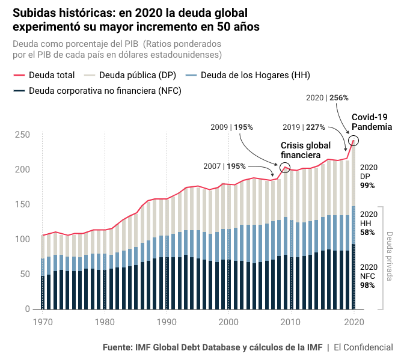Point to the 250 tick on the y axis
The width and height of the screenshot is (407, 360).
[23, 135]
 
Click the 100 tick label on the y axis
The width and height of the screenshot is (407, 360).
[23, 239]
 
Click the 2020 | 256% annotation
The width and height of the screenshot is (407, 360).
[327, 97]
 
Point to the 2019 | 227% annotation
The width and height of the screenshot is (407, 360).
[304, 127]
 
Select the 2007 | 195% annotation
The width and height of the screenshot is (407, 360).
[224, 166]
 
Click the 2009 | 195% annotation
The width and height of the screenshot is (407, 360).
[231, 127]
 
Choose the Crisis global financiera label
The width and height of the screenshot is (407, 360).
[305, 150]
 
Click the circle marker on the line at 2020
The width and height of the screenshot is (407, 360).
[353, 141]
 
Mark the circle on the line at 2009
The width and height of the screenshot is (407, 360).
[285, 168]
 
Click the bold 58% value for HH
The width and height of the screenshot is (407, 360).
[367, 232]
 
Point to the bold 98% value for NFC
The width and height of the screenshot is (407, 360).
[367, 285]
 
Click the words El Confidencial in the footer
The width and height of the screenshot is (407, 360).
[363, 347]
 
